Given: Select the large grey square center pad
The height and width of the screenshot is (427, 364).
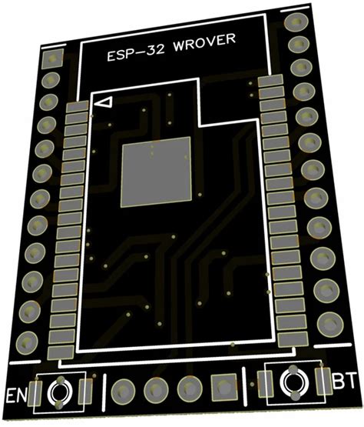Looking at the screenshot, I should coord(157,171).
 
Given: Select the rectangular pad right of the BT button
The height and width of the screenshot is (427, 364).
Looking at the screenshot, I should coord(322,380).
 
